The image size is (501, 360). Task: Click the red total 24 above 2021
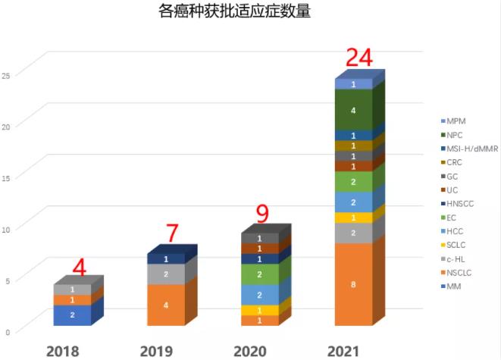(359, 59)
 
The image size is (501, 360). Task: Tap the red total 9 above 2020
(263, 214)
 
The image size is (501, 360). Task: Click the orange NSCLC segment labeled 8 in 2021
(354, 284)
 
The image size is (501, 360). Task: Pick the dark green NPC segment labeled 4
(354, 110)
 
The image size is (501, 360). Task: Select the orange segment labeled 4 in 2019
(166, 305)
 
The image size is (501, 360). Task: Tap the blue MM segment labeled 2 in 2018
(72, 315)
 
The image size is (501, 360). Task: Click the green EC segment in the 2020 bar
(260, 274)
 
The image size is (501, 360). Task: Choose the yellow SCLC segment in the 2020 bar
(260, 310)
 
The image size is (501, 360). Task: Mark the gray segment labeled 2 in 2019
(166, 274)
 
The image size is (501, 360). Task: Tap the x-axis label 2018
(63, 351)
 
